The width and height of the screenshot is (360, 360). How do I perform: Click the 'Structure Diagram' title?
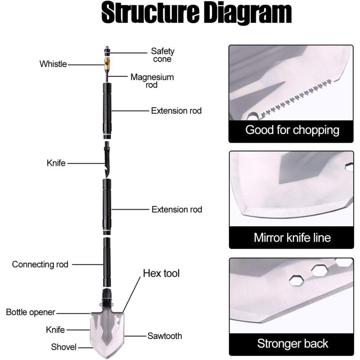[x=197, y=13]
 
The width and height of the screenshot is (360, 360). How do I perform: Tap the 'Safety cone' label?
[x=162, y=55]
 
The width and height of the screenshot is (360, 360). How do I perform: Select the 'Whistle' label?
[x=53, y=64]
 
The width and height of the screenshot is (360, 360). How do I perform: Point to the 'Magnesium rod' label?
[x=152, y=81]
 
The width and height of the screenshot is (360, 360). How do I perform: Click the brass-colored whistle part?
[x=107, y=65]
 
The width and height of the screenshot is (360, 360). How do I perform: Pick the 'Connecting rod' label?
[x=40, y=264]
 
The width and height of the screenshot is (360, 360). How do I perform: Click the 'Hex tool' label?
[x=161, y=273]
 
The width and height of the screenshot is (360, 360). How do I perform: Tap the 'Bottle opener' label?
[x=31, y=312]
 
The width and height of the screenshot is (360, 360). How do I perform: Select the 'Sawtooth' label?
[x=165, y=336]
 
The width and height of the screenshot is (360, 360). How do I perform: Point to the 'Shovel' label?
[x=63, y=347]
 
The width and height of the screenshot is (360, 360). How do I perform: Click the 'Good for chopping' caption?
[x=292, y=130]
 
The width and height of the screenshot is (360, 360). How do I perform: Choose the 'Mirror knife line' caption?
[x=292, y=238]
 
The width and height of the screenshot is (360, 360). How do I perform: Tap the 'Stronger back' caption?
[x=292, y=343]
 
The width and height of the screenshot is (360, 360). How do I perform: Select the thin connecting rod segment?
[x=107, y=262]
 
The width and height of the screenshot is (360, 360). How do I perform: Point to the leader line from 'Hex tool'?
[x=131, y=294]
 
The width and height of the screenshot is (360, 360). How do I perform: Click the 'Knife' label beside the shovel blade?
[x=55, y=330]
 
